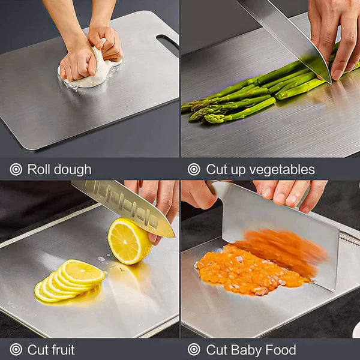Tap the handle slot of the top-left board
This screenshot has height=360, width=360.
pos(167,41)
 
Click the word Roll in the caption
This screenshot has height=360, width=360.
pos(39,170)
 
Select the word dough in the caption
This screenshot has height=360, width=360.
pos(72,170)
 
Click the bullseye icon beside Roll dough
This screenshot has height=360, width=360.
pos(16,170)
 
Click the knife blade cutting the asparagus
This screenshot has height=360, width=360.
pos(288,36)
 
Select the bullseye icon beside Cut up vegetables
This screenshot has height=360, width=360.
pos(194,170)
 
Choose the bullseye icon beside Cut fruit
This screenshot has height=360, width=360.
pos(16,350)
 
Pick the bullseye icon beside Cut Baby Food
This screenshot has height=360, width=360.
pos(194,350)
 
